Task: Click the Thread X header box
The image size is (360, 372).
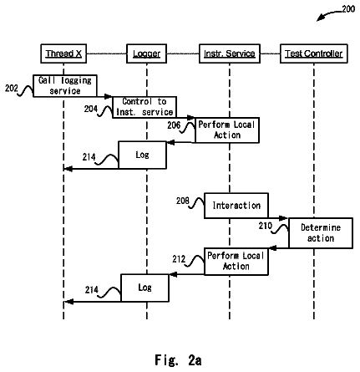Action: (x=63, y=54)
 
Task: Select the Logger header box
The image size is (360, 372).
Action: (x=146, y=54)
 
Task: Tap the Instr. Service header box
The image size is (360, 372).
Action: (x=230, y=54)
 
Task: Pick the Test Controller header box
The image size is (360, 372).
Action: (x=314, y=54)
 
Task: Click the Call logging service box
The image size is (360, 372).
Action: (x=65, y=86)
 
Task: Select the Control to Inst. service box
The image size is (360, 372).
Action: (x=145, y=107)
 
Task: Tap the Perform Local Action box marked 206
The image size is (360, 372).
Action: (x=227, y=130)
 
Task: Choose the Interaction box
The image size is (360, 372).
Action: (x=236, y=206)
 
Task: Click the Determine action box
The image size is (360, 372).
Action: (x=321, y=233)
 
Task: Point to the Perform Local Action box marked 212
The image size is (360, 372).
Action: (x=236, y=262)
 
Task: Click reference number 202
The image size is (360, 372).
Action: (x=12, y=89)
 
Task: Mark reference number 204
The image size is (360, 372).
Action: (x=91, y=109)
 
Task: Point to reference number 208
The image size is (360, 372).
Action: (x=183, y=201)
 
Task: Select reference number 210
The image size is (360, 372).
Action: (x=266, y=226)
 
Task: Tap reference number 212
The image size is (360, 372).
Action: (x=179, y=259)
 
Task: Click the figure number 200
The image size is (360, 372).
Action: (x=348, y=9)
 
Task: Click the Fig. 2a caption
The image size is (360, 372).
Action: (x=178, y=360)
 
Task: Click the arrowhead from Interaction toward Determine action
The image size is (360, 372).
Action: (x=283, y=218)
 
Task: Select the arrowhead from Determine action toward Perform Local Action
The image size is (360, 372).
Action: (x=273, y=248)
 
